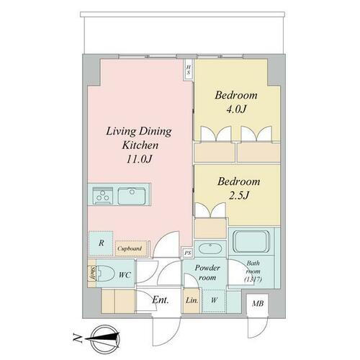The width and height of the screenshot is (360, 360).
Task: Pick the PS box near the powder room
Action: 187,253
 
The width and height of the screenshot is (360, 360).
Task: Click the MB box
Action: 257,305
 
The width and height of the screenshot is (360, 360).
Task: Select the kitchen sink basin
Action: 132,195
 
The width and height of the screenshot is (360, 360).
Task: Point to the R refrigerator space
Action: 101,244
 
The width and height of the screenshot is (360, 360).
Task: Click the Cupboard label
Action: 131,249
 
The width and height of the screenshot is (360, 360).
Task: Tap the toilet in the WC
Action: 106,274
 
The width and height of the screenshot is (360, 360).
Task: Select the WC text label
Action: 124,274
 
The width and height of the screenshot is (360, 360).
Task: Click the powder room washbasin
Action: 210,250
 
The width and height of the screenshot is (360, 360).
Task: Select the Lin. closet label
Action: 192,300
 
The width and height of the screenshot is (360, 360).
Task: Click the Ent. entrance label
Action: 160,300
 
